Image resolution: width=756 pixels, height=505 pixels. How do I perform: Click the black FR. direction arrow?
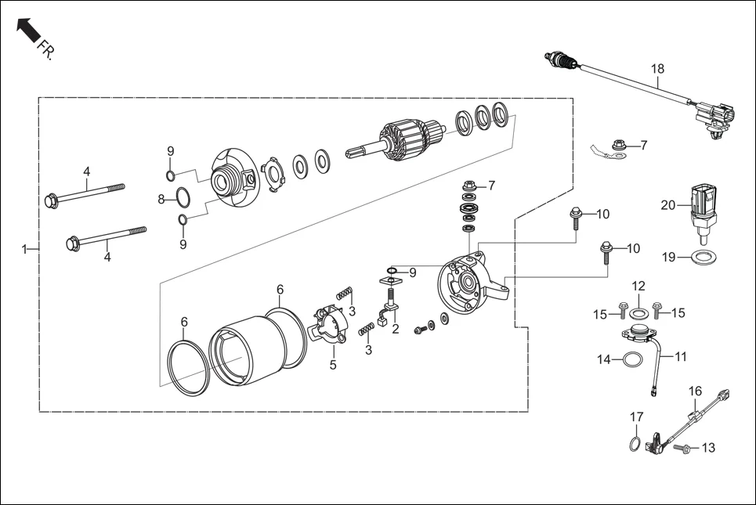point(28,31)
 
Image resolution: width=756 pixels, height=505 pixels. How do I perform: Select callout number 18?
point(657,69)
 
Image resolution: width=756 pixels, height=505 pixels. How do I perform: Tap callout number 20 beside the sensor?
point(667,205)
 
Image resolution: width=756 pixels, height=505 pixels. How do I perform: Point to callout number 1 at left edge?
point(24,249)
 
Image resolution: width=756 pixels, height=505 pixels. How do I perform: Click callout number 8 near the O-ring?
point(161,199)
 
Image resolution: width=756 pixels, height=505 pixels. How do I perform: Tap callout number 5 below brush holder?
point(332,364)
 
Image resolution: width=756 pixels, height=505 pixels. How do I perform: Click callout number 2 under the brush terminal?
point(396,329)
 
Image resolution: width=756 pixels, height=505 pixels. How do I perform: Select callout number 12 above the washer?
point(638,286)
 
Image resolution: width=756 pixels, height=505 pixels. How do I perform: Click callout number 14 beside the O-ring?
point(604,359)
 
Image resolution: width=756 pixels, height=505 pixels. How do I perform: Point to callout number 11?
point(680,356)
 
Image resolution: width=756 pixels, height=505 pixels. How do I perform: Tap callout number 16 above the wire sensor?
point(695,390)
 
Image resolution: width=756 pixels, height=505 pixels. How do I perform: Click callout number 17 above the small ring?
point(637,417)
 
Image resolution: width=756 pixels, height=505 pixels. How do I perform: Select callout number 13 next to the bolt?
point(708,448)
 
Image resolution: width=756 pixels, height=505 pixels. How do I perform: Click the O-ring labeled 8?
point(180,198)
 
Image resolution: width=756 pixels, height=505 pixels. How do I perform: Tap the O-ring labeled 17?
point(633,445)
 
